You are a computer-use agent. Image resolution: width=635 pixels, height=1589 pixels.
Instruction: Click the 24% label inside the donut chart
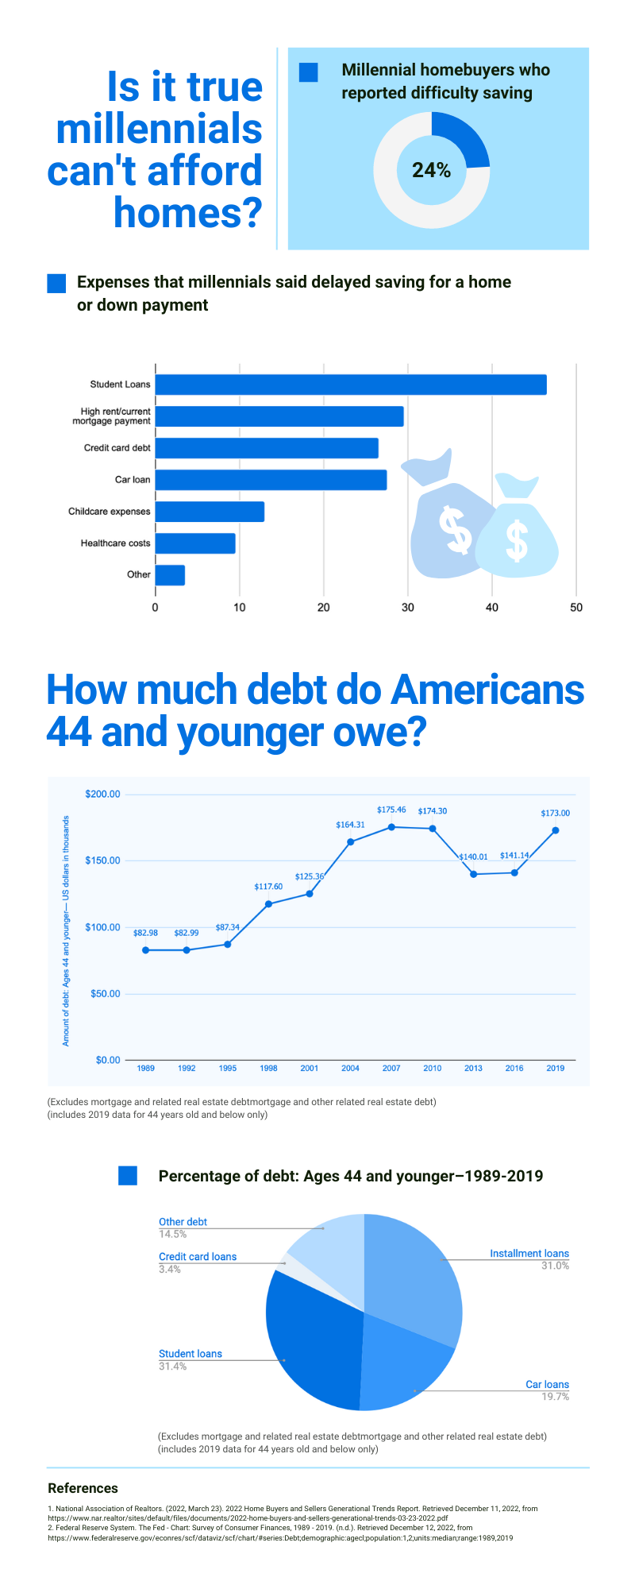(x=431, y=170)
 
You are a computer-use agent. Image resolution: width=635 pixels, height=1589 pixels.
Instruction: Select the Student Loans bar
(x=350, y=385)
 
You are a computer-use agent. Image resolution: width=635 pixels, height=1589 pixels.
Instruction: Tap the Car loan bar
(x=271, y=480)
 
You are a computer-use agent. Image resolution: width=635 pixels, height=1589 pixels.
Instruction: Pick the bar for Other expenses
(x=170, y=575)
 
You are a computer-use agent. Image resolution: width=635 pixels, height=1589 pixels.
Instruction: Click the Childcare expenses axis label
(x=109, y=512)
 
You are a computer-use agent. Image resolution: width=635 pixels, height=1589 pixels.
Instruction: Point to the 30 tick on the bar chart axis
(x=407, y=608)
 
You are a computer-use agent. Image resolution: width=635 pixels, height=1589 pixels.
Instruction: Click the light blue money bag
(x=517, y=528)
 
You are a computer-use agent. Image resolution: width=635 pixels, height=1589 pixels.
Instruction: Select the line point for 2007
(x=391, y=827)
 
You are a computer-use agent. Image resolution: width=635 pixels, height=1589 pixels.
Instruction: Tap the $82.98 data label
(x=145, y=933)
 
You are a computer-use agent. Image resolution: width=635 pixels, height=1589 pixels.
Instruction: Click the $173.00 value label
(x=555, y=814)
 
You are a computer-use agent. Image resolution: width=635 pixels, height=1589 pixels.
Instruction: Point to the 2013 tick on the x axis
(x=473, y=1069)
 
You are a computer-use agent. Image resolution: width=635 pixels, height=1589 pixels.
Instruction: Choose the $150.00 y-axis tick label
(x=102, y=860)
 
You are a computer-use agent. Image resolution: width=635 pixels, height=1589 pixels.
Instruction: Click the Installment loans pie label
(x=529, y=1254)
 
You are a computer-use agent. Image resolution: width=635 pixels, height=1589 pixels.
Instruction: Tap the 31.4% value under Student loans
(x=173, y=1367)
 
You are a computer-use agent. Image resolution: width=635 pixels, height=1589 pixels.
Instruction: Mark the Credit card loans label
(x=198, y=1257)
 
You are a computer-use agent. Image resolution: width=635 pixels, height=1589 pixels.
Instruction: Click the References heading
(x=83, y=1488)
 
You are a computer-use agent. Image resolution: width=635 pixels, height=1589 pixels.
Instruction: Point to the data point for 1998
(x=268, y=904)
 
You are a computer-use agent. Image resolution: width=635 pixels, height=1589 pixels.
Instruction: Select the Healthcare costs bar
(x=195, y=543)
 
